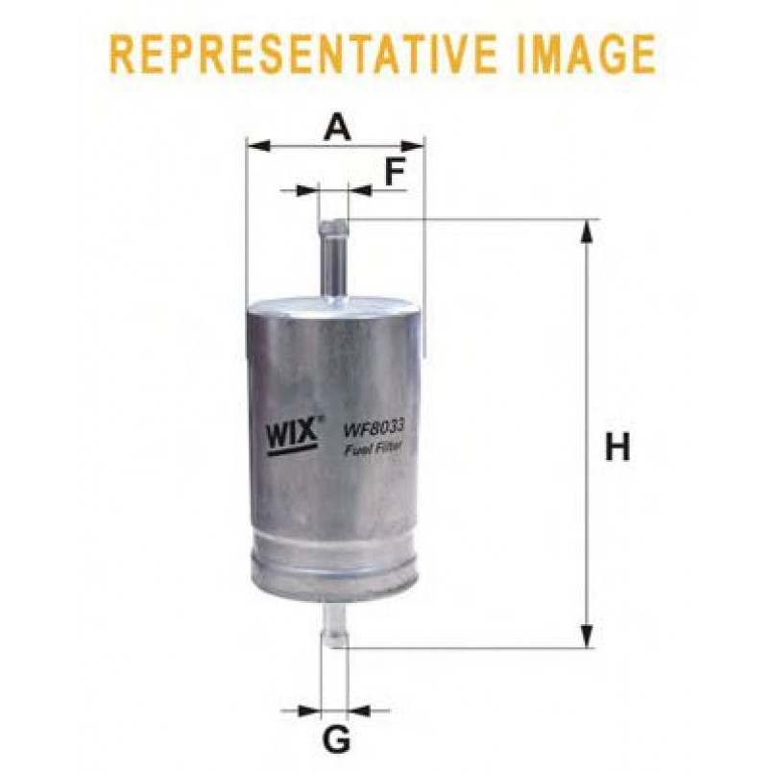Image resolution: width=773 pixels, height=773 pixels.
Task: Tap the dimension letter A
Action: pos(337,126)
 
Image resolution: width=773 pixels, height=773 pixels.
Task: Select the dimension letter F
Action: pos(395,172)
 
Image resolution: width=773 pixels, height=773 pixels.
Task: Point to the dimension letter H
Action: pos(617,447)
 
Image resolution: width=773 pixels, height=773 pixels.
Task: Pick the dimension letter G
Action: pos(336,738)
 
